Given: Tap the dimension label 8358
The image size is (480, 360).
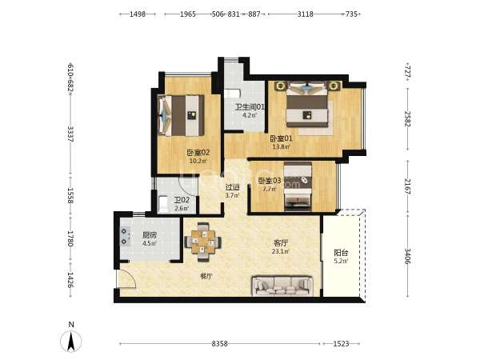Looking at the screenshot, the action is (x=219, y=344).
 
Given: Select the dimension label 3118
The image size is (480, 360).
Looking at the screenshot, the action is (x=306, y=14).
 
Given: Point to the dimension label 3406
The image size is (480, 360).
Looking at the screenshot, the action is (x=408, y=256).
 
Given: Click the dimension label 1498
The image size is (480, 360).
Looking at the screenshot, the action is (x=138, y=14).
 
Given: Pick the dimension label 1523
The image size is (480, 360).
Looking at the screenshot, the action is (x=341, y=344).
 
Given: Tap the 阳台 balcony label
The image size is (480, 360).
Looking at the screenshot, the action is (x=341, y=253).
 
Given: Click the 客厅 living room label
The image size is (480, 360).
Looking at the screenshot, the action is (x=281, y=243).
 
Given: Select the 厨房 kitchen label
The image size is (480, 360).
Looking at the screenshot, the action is (x=150, y=235).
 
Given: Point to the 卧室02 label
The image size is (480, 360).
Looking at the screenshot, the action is (x=198, y=152).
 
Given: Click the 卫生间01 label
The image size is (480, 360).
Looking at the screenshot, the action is (x=250, y=107).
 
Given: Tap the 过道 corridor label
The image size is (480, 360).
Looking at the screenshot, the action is (x=232, y=186).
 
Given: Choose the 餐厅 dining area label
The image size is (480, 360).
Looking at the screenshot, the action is (x=206, y=277).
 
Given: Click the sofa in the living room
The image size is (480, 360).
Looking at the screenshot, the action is (x=282, y=286).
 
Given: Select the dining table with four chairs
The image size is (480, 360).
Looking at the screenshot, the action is (x=202, y=242).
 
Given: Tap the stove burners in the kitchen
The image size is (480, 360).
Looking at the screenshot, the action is (x=126, y=237).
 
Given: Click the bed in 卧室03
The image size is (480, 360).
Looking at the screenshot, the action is (x=298, y=186).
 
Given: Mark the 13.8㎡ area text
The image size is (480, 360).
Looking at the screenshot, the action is (x=282, y=146).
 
